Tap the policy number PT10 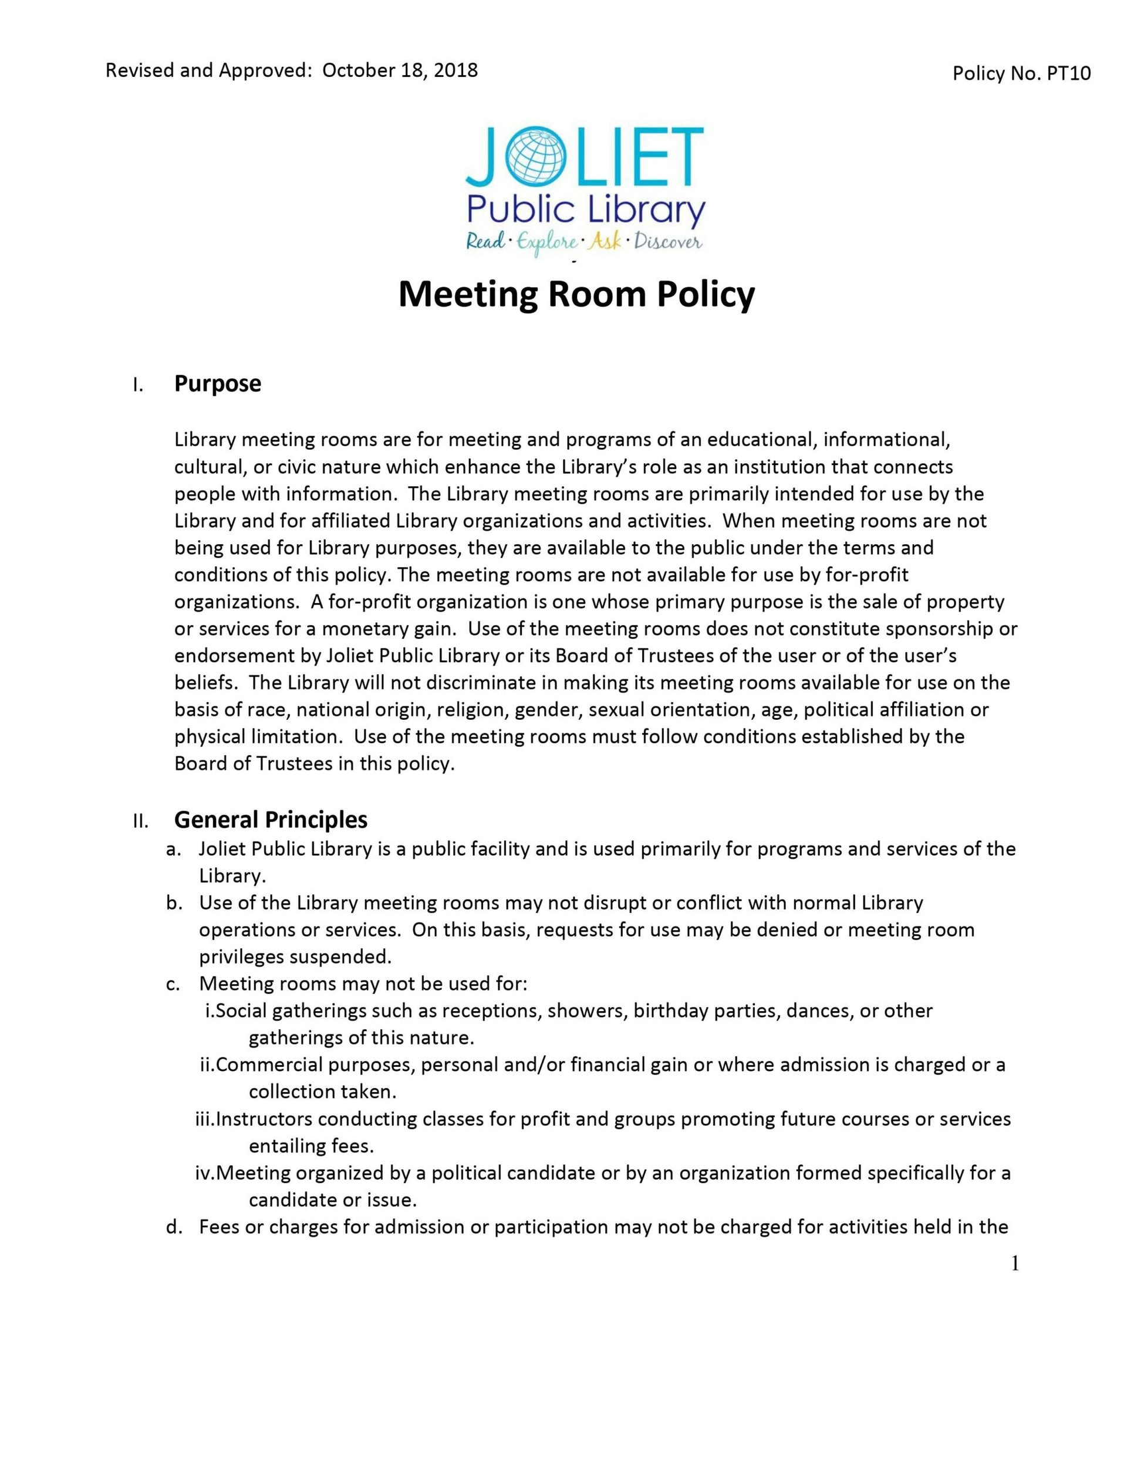(1068, 73)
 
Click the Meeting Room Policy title (576, 295)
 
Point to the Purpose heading (217, 384)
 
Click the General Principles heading (271, 820)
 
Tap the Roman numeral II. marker (140, 821)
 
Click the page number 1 (1015, 1264)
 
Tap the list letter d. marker (174, 1227)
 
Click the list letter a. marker (174, 849)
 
